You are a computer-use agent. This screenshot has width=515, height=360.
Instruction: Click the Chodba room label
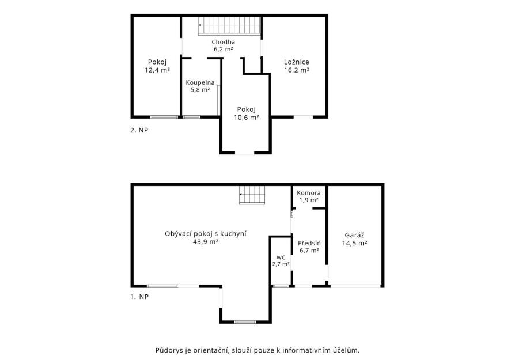point(223,42)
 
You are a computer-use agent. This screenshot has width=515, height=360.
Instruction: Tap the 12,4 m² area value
point(157,70)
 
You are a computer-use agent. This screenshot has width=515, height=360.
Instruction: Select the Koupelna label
point(200,82)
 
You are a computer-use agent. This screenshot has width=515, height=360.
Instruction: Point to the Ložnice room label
point(296,62)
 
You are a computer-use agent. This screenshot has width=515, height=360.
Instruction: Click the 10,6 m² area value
point(247,118)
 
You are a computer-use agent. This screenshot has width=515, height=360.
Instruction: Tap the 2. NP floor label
point(139,130)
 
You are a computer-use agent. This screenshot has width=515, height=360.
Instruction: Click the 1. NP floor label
point(139,297)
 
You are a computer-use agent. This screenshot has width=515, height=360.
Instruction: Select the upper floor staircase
point(230,25)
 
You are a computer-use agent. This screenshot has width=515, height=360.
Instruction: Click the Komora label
point(308,193)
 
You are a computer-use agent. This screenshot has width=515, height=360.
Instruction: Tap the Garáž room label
point(354,235)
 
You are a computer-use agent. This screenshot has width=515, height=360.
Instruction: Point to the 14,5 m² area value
point(354,244)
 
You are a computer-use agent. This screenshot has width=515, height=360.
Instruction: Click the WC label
point(281,257)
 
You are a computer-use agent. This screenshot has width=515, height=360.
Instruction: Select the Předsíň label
point(309,244)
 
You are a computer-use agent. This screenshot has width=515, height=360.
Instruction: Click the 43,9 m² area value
point(206,242)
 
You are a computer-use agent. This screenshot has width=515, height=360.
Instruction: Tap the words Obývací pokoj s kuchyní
point(206,234)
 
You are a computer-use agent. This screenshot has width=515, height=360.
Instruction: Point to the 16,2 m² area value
point(296,70)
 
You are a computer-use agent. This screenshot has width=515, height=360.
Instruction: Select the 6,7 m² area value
point(309,251)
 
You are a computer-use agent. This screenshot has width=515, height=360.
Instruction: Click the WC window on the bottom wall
point(281,286)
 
